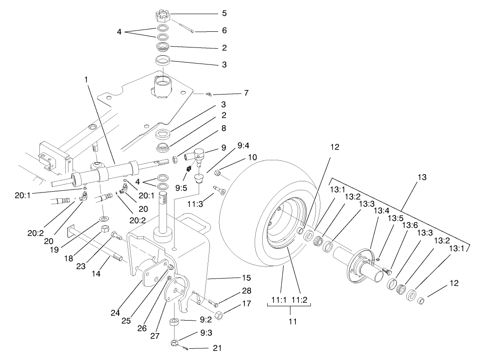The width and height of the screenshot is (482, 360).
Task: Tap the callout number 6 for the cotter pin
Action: click(224, 30)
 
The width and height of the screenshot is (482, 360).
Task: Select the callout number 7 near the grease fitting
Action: click(246, 93)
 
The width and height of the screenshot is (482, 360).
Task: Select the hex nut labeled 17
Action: click(219, 315)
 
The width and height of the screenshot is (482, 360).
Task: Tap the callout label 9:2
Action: click(206, 321)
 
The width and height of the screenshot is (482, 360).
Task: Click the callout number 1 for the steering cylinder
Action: click(86, 79)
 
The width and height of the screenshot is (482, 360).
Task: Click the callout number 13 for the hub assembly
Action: click(421, 177)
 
